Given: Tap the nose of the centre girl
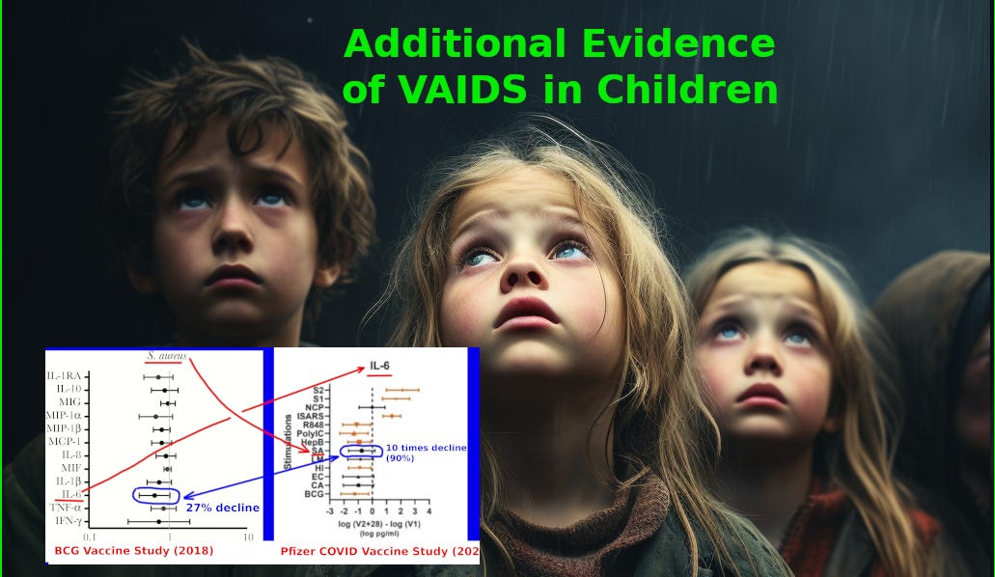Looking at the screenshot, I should [x=523, y=273].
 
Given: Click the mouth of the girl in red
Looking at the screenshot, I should [x=762, y=394].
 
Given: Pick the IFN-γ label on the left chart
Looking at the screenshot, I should [x=66, y=521].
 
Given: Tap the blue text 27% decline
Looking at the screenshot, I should [x=223, y=507].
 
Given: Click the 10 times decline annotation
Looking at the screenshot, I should [x=426, y=453].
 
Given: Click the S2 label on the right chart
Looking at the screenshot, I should [x=318, y=390].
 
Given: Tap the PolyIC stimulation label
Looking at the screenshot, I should [x=311, y=433].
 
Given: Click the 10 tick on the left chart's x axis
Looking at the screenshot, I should [x=248, y=536].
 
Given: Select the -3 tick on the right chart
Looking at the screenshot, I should [x=330, y=510].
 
